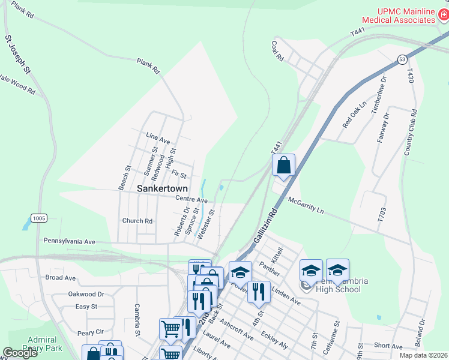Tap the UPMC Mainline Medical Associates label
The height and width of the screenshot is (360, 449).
(x=406, y=16)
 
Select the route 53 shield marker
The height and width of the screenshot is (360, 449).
(x=402, y=59)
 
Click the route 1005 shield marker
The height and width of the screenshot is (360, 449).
(x=39, y=218)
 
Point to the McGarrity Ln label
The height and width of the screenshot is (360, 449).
(x=306, y=206)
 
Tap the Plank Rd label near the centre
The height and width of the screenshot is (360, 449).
(x=149, y=66)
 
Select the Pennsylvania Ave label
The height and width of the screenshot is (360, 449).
(x=70, y=241)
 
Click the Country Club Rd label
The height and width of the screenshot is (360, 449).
(x=411, y=133)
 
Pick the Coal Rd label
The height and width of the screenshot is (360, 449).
(x=277, y=52)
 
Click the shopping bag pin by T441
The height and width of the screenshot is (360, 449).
(x=284, y=165)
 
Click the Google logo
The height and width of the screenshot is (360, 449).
(x=20, y=353)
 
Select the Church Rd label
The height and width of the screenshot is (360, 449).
(x=137, y=221)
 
